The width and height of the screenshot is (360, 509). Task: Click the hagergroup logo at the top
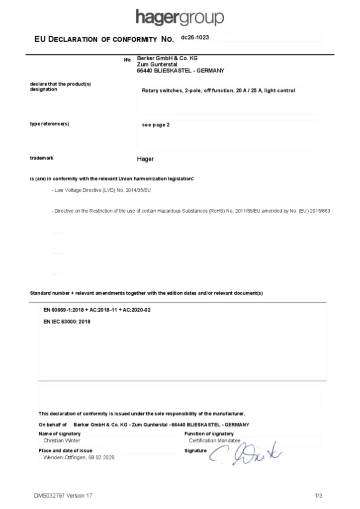coord(180,17)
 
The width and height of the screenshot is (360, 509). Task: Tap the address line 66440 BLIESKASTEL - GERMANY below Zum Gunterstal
coord(180,71)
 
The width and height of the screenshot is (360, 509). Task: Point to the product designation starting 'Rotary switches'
coord(218,90)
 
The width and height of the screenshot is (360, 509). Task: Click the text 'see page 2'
coord(156,125)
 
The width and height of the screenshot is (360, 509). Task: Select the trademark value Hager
coord(145,159)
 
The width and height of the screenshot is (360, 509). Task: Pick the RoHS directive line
coord(191,211)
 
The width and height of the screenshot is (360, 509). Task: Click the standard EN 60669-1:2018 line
coord(97,310)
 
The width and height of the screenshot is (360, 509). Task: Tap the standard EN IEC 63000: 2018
coord(67,322)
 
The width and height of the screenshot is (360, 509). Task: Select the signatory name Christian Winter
coord(62,440)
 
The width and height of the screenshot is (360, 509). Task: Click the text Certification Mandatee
coord(214,440)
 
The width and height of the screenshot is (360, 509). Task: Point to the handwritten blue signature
coord(246,453)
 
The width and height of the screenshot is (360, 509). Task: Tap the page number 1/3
coord(319,496)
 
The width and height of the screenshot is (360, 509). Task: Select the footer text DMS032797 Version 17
coord(63,496)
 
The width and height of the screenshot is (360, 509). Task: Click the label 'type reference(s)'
coord(49,124)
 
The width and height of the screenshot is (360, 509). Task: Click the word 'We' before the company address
coord(127,60)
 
